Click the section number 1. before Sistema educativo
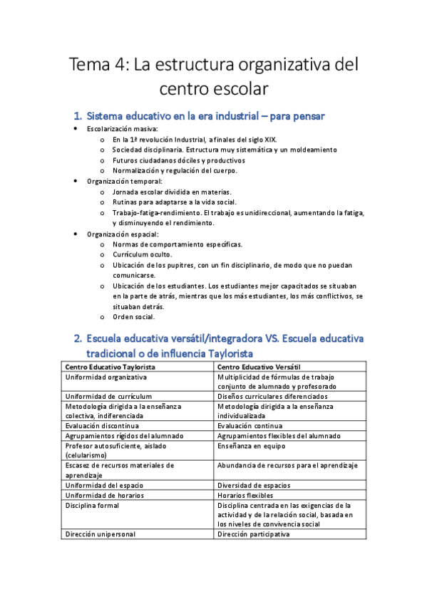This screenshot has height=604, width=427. click(x=78, y=115)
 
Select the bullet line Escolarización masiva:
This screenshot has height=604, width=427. click(x=123, y=129)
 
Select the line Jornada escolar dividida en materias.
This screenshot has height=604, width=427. click(x=172, y=192)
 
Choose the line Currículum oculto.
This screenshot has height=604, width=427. click(x=142, y=254)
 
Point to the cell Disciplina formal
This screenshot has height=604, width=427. click(x=92, y=505)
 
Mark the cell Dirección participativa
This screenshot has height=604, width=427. click(x=254, y=533)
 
